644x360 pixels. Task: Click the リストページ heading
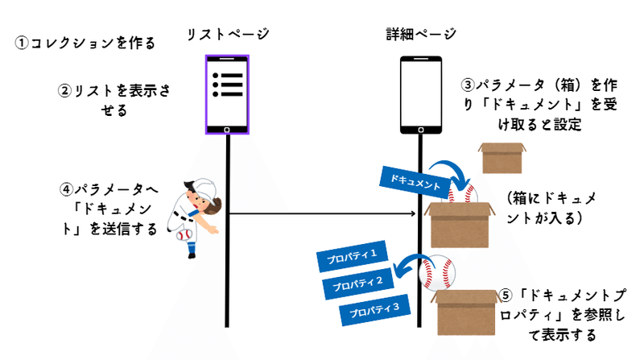point(228,34)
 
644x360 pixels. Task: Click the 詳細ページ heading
point(421,34)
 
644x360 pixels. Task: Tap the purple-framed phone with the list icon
point(227,94)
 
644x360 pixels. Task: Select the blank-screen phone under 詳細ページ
point(421,95)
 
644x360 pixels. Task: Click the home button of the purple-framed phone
point(227,130)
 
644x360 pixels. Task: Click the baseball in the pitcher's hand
point(184,235)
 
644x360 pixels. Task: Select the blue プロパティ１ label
point(352,256)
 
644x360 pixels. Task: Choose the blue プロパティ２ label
point(357,283)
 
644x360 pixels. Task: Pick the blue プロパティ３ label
point(374,309)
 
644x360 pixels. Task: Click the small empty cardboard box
point(502,158)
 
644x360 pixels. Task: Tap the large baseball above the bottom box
point(437,272)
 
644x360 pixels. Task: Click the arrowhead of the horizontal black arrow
point(413,213)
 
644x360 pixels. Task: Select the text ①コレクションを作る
point(85,43)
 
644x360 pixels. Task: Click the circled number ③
point(468,85)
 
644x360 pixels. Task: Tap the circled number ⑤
point(506,296)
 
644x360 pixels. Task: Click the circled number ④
point(66,189)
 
